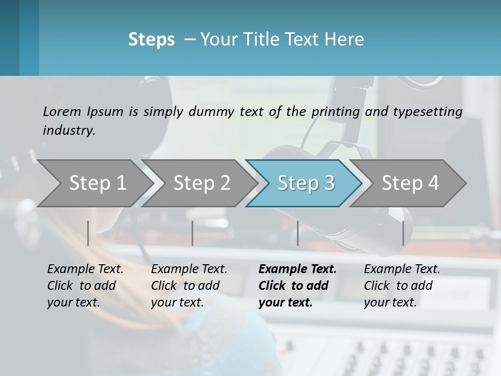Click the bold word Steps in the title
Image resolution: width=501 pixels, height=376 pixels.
click(x=151, y=40)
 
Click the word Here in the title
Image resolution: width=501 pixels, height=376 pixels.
click(x=344, y=40)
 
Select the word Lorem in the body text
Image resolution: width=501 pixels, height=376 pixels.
click(x=62, y=112)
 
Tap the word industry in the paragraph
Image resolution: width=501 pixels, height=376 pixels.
click(x=69, y=131)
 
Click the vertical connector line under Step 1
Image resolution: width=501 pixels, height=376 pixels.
click(x=88, y=233)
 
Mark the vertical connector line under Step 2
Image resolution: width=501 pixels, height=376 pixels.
click(x=193, y=233)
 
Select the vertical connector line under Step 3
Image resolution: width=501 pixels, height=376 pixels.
click(x=298, y=233)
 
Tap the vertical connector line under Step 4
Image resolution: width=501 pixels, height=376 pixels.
click(x=403, y=233)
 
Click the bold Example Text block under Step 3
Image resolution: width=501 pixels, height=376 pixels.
click(x=297, y=286)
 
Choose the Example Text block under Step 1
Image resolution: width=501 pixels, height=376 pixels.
click(x=85, y=286)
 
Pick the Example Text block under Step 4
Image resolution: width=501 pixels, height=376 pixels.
click(x=402, y=286)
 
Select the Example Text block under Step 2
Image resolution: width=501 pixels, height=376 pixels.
click(x=189, y=286)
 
